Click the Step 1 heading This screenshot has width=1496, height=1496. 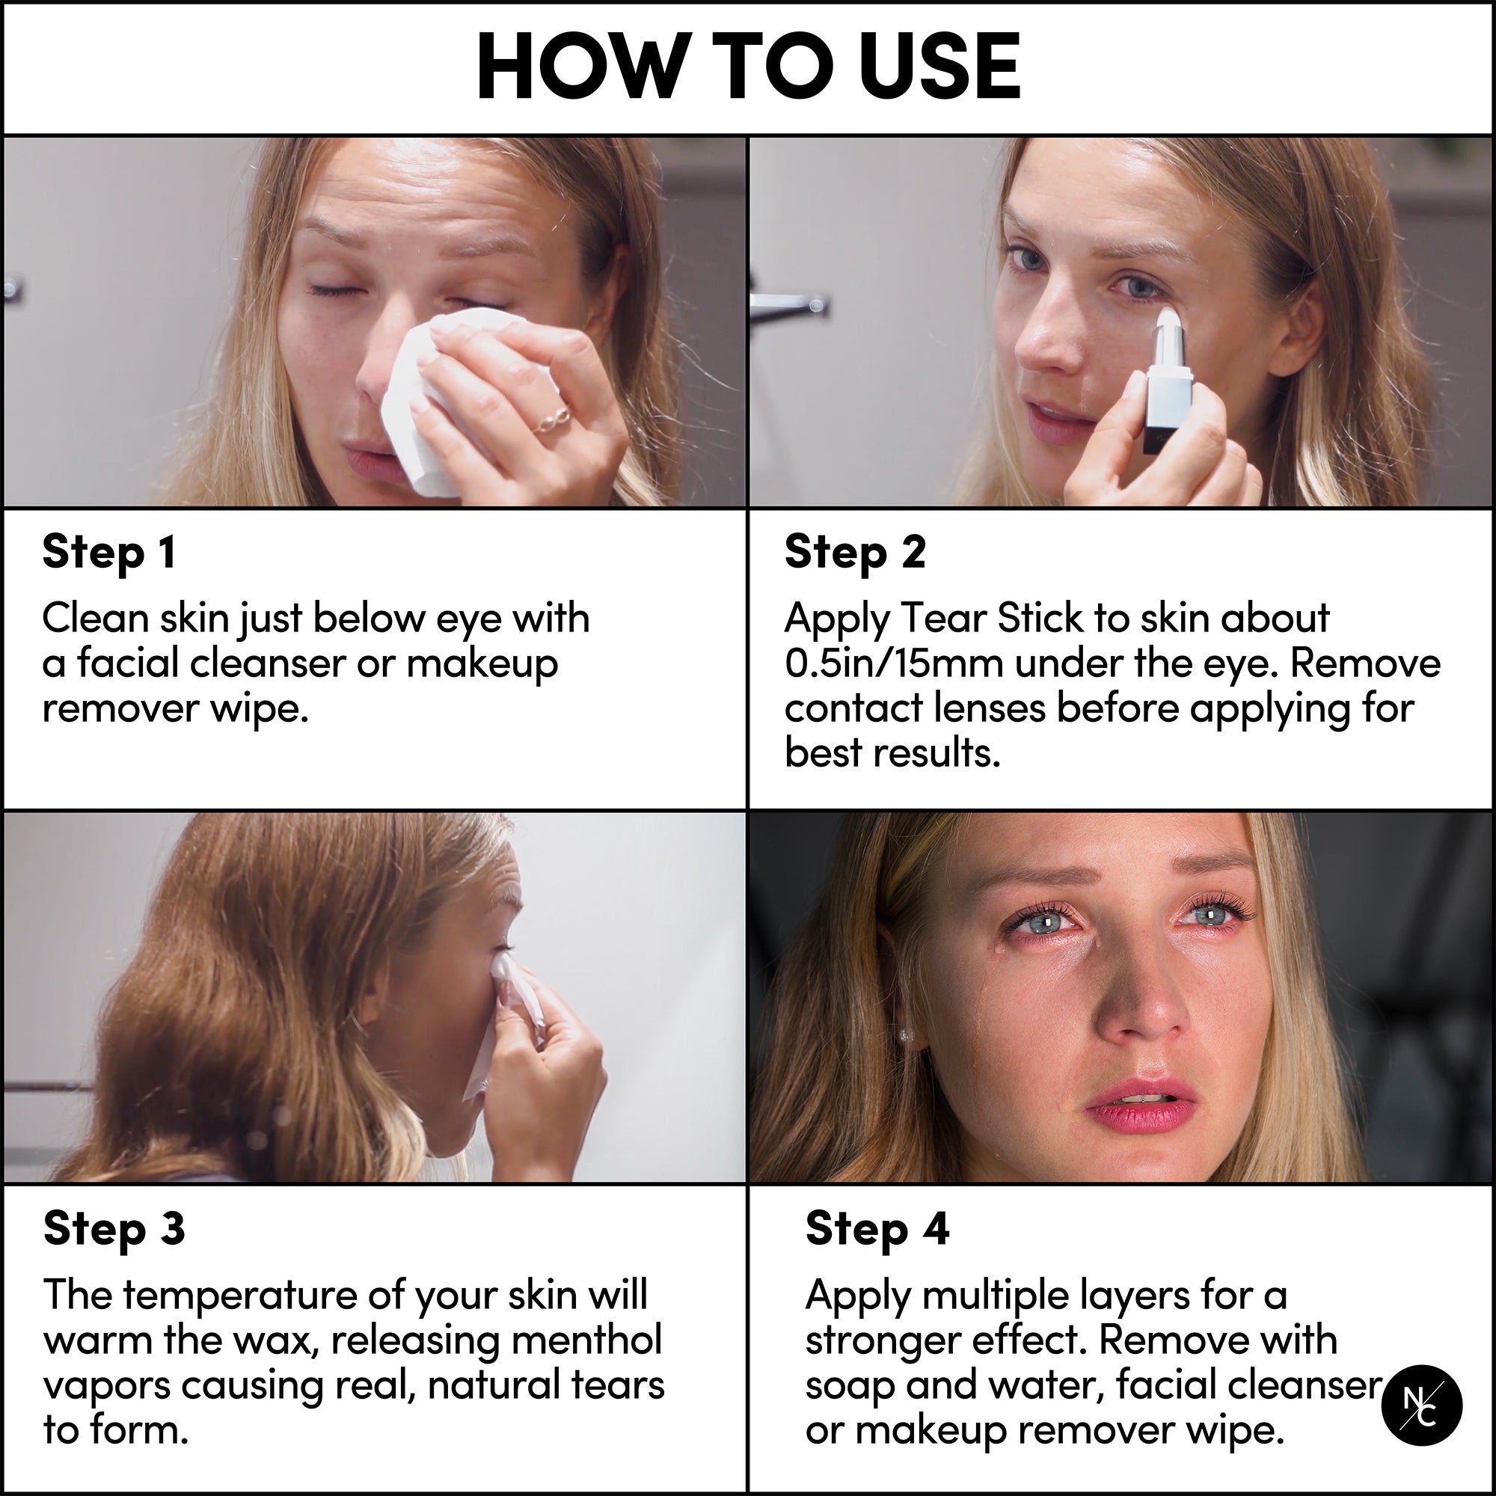(109, 553)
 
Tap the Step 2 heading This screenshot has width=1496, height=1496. (855, 553)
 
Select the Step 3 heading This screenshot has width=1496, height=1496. (114, 1230)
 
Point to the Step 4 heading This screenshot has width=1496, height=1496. (877, 1230)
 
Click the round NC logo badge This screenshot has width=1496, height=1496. (1422, 1405)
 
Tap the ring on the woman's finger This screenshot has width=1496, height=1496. (551, 419)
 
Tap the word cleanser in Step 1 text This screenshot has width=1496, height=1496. (267, 663)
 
